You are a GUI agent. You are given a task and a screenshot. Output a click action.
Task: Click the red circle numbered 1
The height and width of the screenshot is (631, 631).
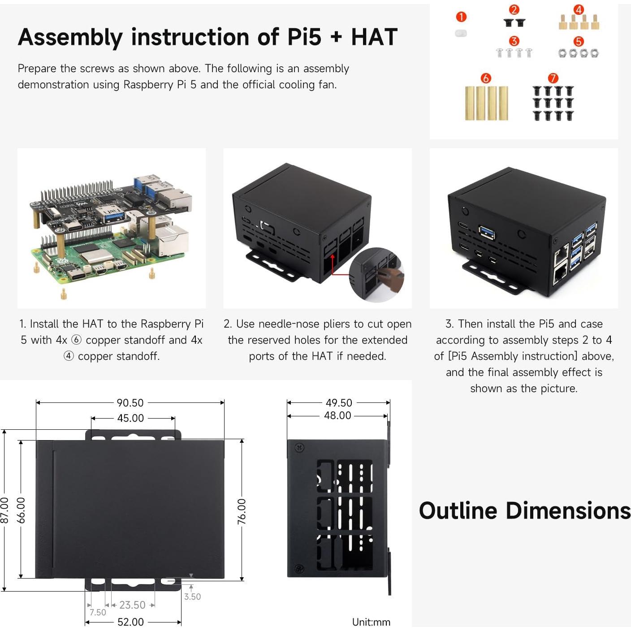[461, 17]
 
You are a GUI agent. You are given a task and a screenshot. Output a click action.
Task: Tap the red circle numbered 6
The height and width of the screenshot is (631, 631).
[486, 78]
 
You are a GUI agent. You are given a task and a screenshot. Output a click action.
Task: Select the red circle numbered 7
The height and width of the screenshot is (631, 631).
[553, 78]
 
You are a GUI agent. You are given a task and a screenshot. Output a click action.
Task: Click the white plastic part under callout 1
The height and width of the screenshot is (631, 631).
[461, 34]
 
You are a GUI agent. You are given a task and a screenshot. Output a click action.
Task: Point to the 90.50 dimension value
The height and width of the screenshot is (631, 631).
[130, 403]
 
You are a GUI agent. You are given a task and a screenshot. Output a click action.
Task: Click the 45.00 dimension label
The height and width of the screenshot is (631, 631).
[130, 418]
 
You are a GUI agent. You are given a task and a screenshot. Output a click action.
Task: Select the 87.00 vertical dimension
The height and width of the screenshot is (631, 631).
[5, 510]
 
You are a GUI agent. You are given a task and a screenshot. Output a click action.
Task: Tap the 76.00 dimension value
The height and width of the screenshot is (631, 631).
[242, 511]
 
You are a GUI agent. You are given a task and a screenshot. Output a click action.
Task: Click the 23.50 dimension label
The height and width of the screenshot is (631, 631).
[132, 605]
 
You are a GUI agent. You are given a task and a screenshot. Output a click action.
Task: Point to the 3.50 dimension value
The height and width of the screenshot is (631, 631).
[192, 597]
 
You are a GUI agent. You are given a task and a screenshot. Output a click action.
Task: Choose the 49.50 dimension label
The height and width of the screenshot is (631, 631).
[339, 403]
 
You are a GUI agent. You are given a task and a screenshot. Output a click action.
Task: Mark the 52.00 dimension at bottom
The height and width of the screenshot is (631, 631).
[130, 622]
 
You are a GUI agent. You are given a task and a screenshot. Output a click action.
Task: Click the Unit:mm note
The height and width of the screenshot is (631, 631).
[371, 622]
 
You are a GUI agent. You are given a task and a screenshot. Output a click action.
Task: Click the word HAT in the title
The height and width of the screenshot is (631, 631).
[374, 37]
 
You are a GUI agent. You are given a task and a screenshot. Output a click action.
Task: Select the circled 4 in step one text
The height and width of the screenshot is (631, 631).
[68, 356]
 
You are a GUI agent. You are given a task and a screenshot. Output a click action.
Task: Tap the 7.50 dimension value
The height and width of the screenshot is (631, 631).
[98, 613]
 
